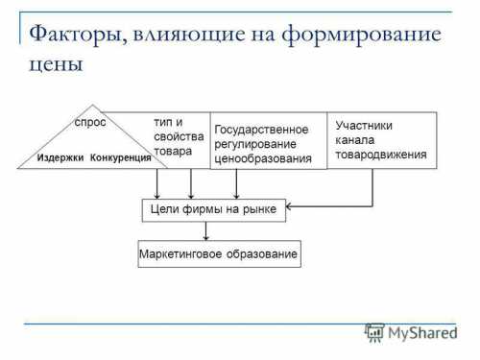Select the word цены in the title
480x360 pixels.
(57, 64)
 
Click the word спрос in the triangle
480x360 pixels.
(89, 123)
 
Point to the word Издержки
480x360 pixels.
(60, 156)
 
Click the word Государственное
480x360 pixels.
(261, 130)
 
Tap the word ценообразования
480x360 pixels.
(263, 159)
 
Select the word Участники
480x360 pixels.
(364, 125)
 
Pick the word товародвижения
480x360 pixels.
(380, 154)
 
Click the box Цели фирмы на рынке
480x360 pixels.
(214, 208)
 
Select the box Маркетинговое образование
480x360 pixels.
(213, 254)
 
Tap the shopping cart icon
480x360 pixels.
(372, 333)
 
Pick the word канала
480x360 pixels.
(353, 139)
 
